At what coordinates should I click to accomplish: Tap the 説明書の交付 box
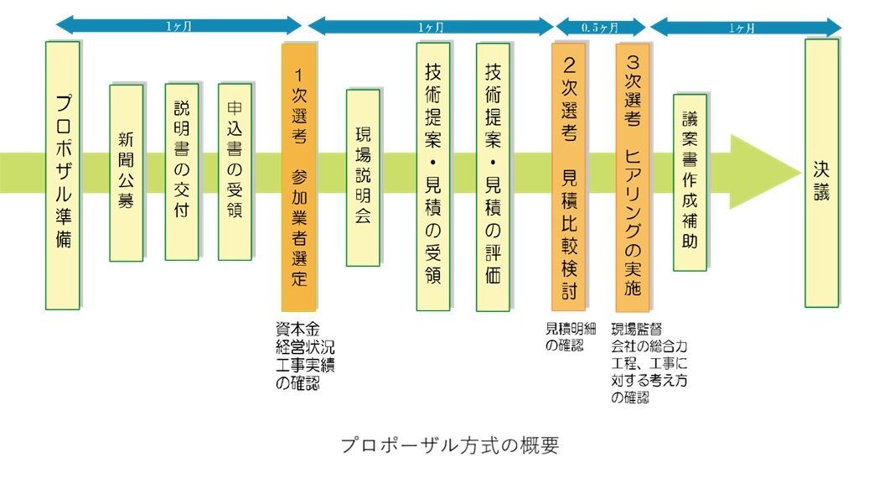tap(182, 172)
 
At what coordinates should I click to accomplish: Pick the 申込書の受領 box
tap(235, 172)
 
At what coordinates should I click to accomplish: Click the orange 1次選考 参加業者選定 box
tap(299, 176)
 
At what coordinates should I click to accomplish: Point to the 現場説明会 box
tap(363, 177)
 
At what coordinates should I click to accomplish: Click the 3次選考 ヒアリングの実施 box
tap(633, 176)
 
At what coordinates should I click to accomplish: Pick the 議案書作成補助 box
tap(690, 181)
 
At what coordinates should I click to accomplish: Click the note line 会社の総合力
tap(648, 344)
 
